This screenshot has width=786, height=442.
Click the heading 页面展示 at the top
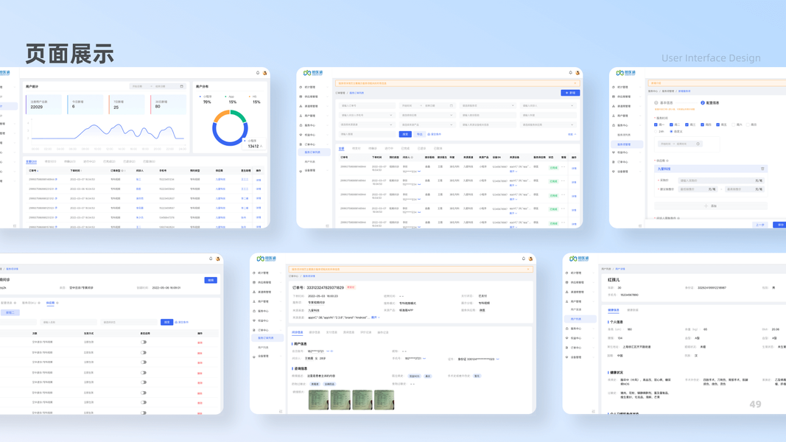(70, 54)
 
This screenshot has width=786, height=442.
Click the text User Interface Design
(711, 58)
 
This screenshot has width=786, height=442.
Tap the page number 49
(755, 404)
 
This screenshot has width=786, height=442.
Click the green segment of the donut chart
(239, 116)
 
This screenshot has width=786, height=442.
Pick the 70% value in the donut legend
(207, 102)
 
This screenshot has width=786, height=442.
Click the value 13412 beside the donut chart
(253, 146)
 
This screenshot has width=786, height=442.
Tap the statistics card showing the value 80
(168, 104)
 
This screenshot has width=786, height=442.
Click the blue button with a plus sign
(570, 93)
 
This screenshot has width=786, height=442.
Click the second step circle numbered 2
(703, 103)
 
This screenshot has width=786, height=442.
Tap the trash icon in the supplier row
(762, 169)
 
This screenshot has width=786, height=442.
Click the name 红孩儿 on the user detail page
(614, 280)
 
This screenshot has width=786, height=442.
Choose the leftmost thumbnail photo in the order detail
(318, 399)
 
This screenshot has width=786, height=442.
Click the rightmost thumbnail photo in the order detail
(384, 399)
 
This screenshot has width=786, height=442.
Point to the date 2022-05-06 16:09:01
(166, 288)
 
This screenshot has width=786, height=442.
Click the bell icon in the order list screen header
(570, 73)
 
